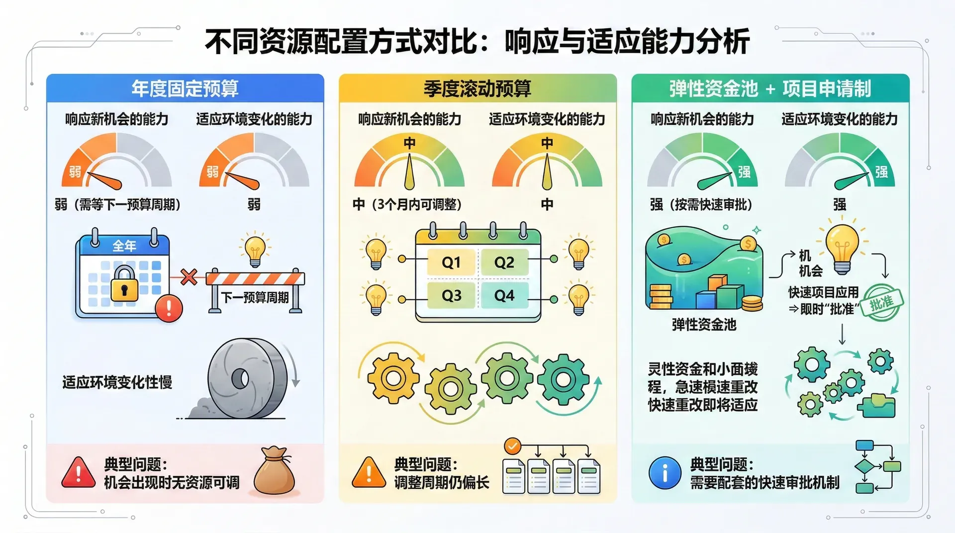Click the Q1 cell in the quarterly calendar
(x=451, y=262)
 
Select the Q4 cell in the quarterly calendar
(x=504, y=295)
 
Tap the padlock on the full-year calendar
(x=124, y=283)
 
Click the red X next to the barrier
(x=189, y=276)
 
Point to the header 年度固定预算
(x=185, y=89)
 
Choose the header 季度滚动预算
(x=477, y=89)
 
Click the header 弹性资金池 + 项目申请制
(x=770, y=89)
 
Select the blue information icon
(x=665, y=472)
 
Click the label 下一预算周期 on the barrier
(x=255, y=297)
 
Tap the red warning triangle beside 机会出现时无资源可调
(x=79, y=473)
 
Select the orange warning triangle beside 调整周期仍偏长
(x=369, y=473)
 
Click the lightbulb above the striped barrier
(x=255, y=249)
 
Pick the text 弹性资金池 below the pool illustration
(x=704, y=325)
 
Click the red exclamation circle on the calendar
(x=169, y=308)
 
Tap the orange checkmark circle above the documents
(x=512, y=446)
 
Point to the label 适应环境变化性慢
(x=117, y=382)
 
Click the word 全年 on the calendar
(x=124, y=246)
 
